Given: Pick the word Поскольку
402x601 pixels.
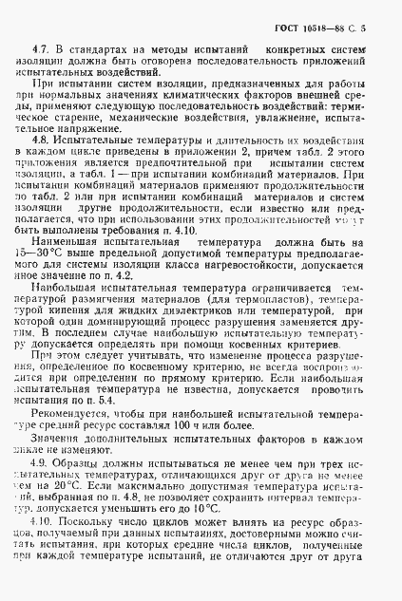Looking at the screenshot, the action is pos(85,524).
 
